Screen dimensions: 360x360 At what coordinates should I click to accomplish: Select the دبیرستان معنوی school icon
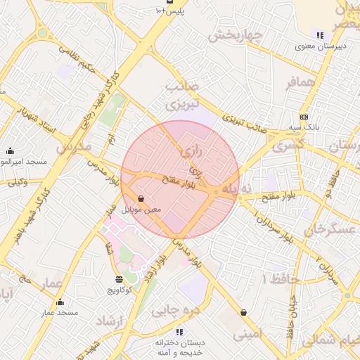coord(320,35)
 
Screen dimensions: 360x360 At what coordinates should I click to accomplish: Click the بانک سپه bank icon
coord(304,117)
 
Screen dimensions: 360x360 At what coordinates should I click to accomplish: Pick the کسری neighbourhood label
coord(288,146)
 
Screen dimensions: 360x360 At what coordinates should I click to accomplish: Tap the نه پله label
coord(236,188)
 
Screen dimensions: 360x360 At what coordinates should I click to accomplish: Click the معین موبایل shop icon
coord(141,199)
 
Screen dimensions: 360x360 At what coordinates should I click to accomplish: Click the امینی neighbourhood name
coord(247,335)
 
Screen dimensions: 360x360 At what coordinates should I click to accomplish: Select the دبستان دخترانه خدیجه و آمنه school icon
coord(179,331)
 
